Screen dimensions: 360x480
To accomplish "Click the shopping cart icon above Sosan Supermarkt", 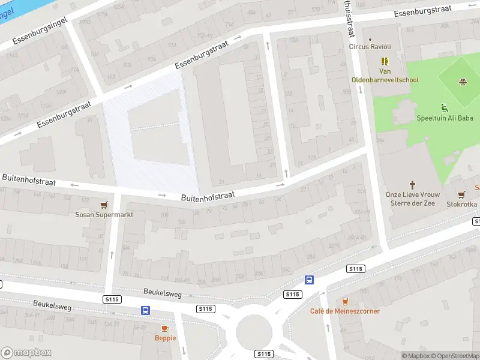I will pyautogui.click(x=104, y=205).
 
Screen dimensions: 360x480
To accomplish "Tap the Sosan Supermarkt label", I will pyautogui.click(x=104, y=215).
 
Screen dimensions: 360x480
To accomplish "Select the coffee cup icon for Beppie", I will pyautogui.click(x=165, y=328).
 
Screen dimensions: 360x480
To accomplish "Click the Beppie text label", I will pyautogui.click(x=165, y=338).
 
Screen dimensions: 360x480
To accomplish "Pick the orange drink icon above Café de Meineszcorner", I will pyautogui.click(x=345, y=301).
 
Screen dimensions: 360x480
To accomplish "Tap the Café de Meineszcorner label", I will pyautogui.click(x=345, y=311).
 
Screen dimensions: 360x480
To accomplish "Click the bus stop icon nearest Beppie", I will pyautogui.click(x=145, y=310).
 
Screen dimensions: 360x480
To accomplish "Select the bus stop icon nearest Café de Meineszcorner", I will pyautogui.click(x=310, y=280).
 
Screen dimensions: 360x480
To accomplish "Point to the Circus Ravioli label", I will pyautogui.click(x=370, y=47).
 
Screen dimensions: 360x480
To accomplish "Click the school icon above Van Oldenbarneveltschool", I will pyautogui.click(x=385, y=61).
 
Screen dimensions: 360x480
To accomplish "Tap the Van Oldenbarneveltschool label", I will pyautogui.click(x=385, y=76).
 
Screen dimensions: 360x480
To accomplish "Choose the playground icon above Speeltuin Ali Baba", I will pyautogui.click(x=445, y=108).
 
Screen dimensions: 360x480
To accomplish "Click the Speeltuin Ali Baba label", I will pyautogui.click(x=445, y=118).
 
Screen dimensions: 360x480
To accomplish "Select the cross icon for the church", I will pyautogui.click(x=412, y=185).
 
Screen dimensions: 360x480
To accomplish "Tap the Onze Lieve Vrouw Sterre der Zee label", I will pyautogui.click(x=412, y=199).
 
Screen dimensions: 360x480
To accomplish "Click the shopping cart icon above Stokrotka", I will pyautogui.click(x=461, y=194).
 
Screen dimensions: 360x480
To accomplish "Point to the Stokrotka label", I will pyautogui.click(x=462, y=205).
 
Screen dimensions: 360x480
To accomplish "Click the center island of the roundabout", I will pyautogui.click(x=254, y=331).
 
